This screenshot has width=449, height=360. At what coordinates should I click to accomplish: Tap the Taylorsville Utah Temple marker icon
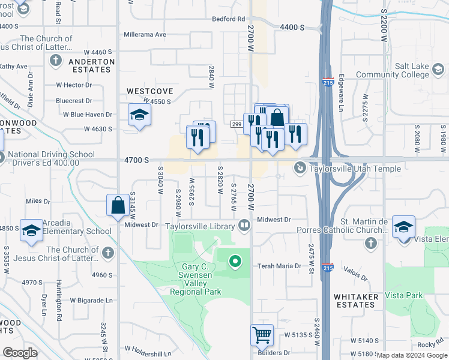click(299, 169)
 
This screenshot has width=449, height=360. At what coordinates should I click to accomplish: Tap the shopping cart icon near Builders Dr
click(262, 335)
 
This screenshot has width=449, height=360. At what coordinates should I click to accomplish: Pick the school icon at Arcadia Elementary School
click(31, 230)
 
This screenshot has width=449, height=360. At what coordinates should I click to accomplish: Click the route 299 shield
click(236, 124)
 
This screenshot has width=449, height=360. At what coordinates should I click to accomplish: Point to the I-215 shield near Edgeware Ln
click(328, 82)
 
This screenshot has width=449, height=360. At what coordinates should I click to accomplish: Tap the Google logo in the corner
click(20, 353)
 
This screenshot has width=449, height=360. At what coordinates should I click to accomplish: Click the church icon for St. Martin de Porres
click(371, 242)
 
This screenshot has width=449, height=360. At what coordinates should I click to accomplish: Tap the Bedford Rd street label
click(229, 19)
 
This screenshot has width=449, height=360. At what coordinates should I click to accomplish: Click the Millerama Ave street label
click(145, 35)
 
